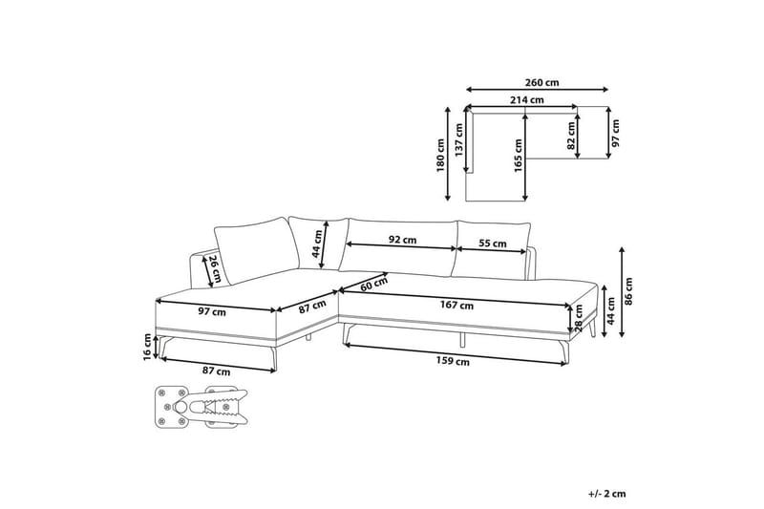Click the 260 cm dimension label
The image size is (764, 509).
(x=541, y=82)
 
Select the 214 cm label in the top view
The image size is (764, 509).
(x=527, y=100)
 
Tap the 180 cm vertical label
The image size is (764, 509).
(x=441, y=156)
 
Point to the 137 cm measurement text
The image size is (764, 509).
(x=458, y=139)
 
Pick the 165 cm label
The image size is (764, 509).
(x=519, y=156)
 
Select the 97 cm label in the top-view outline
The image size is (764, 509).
(x=616, y=134)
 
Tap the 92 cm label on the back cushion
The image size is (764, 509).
(x=402, y=240)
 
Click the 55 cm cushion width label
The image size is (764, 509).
(x=492, y=244)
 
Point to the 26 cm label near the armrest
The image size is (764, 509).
(x=215, y=269)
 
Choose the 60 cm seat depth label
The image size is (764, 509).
(x=374, y=284)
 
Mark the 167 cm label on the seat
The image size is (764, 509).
(x=456, y=306)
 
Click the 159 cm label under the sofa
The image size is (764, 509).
(x=453, y=361)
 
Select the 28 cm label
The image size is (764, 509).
(x=579, y=318)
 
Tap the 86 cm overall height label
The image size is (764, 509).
(x=628, y=291)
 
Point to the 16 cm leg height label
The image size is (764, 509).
(x=148, y=347)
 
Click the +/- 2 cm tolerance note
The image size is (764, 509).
(x=606, y=494)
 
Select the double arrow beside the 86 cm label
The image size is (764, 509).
(x=622, y=292)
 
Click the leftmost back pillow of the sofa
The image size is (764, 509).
(x=257, y=250)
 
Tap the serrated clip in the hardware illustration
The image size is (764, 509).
(x=219, y=406)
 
